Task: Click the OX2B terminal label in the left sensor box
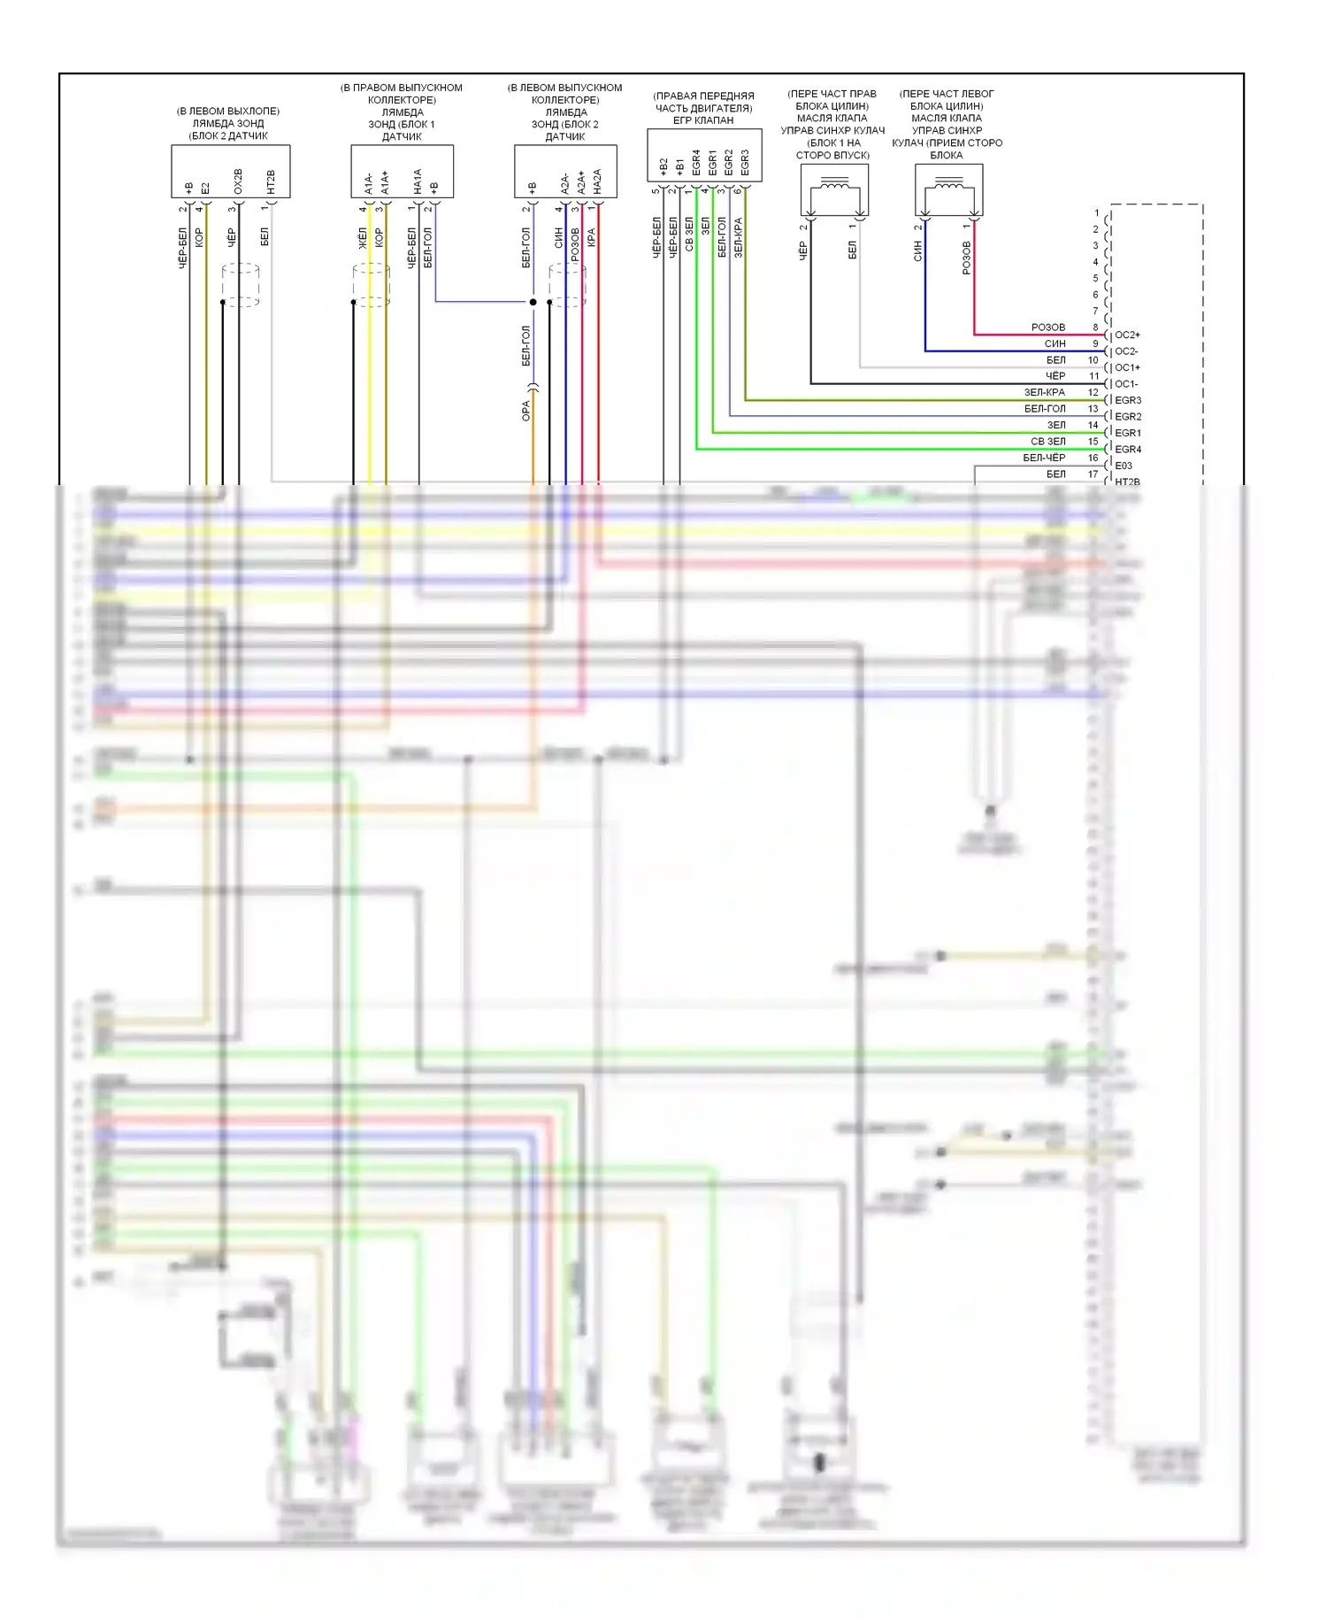pyautogui.click(x=238, y=181)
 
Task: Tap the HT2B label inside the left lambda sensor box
pyautogui.click(x=271, y=181)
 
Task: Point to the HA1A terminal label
pyautogui.click(x=418, y=181)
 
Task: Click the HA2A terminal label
pyautogui.click(x=598, y=181)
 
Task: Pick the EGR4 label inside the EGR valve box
pyautogui.click(x=696, y=161)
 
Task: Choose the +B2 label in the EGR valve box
pyautogui.click(x=663, y=166)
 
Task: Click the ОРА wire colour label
pyautogui.click(x=525, y=411)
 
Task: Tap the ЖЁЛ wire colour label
pyautogui.click(x=363, y=237)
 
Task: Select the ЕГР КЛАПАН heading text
pyautogui.click(x=703, y=120)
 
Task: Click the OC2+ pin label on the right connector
pyautogui.click(x=1127, y=335)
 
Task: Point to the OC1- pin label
pyautogui.click(x=1126, y=384)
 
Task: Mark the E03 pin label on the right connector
pyautogui.click(x=1124, y=466)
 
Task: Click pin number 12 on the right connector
pyautogui.click(x=1093, y=392)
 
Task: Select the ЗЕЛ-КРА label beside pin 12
pyautogui.click(x=1045, y=392)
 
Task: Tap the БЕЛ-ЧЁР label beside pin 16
pyautogui.click(x=1044, y=458)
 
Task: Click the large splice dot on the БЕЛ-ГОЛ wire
pyautogui.click(x=533, y=302)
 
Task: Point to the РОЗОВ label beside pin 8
pyautogui.click(x=1048, y=327)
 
